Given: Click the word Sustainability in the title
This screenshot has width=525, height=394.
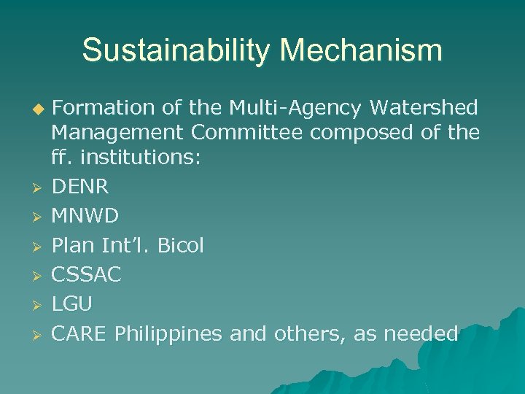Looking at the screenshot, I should coord(176,51).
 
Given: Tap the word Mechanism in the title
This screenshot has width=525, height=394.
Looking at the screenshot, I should coord(362,51).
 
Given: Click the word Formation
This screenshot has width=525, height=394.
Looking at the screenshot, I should coord(102,108).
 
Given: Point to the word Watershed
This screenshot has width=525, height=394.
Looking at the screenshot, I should coord(424,108).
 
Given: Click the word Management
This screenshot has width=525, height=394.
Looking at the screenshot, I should coord(116,133).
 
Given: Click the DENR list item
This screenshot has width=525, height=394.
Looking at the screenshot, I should coord(80,187).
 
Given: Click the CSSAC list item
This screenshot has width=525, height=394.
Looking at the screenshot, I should coord(86,275).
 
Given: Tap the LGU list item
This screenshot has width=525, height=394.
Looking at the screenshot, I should coord(71,304).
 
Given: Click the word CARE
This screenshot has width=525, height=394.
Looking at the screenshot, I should coord(79,334).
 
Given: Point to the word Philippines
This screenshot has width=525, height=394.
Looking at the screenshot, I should coord(168,334).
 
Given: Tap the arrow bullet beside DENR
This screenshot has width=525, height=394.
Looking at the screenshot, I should coord(39,188).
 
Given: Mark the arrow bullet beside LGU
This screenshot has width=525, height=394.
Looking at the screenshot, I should coord(39,305).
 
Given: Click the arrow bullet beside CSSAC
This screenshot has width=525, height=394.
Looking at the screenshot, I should coord(39,276).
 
